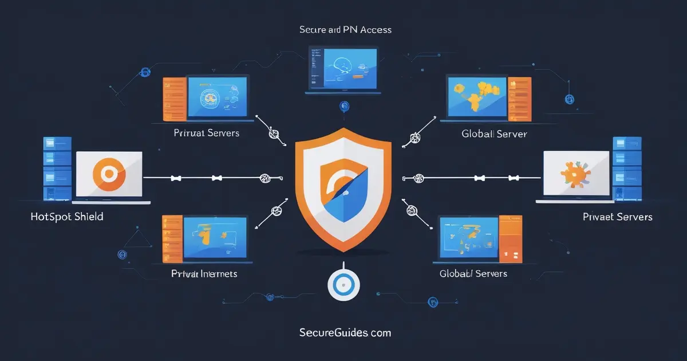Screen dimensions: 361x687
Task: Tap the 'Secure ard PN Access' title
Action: pos(345,29)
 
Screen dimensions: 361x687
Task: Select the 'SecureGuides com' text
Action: pos(345,332)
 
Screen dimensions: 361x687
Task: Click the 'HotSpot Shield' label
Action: pos(67,217)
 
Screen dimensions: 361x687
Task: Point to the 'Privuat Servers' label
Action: pos(207,133)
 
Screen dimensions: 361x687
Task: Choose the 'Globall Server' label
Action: pos(494,134)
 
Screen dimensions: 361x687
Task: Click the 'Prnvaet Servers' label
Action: pos(617,217)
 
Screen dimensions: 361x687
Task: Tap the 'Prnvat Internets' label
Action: pos(204,274)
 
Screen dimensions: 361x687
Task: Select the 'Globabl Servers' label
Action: pos(473,273)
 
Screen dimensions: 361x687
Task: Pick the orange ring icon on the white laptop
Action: pos(104,173)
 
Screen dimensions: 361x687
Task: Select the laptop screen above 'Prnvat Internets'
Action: pos(215,236)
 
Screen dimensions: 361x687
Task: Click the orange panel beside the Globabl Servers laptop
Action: pos(510,236)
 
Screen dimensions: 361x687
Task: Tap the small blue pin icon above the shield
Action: pos(344,105)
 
